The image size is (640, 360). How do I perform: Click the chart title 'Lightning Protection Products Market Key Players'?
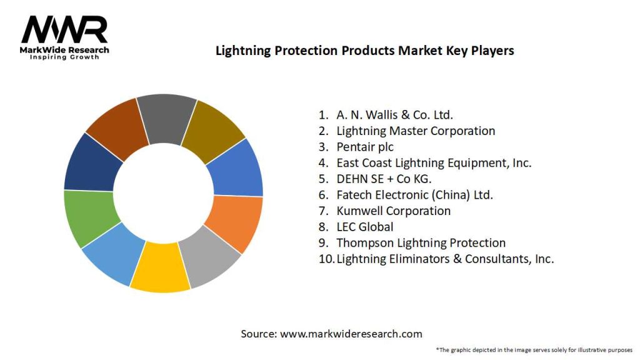pyautogui.click(x=364, y=51)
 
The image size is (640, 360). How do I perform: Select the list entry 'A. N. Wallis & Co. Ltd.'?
pyautogui.click(x=394, y=115)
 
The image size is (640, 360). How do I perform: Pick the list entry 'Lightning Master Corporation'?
pyautogui.click(x=416, y=131)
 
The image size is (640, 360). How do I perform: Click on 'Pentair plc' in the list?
pyautogui.click(x=365, y=147)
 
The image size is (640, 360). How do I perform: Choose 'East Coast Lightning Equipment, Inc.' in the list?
pyautogui.click(x=434, y=162)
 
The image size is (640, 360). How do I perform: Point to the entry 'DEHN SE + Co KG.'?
pyautogui.click(x=384, y=179)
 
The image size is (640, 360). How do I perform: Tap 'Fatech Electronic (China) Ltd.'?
pyautogui.click(x=414, y=195)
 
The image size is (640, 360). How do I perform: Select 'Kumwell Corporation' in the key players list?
pyautogui.click(x=393, y=211)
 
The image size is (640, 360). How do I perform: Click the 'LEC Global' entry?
pyautogui.click(x=365, y=227)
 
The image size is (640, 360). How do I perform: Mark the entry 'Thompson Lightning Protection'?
pyautogui.click(x=421, y=242)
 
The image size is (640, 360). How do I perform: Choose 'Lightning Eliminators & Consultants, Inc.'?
pyautogui.click(x=445, y=259)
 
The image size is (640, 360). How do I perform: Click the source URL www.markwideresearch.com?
pyautogui.click(x=351, y=334)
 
